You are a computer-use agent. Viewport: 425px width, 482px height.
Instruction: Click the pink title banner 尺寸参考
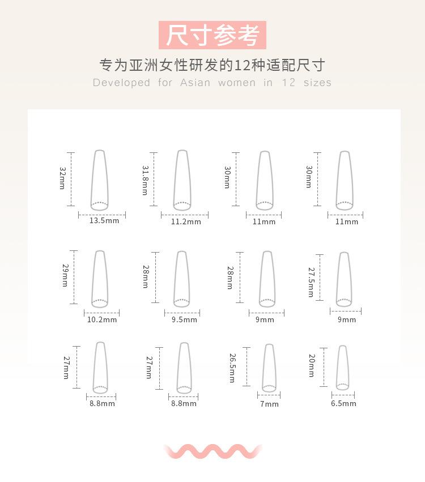click(x=212, y=35)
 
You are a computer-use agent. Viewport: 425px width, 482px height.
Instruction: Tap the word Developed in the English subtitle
click(x=121, y=83)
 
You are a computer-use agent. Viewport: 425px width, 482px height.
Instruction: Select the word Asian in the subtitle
click(x=195, y=83)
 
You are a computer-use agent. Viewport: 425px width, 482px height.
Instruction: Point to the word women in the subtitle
click(x=236, y=83)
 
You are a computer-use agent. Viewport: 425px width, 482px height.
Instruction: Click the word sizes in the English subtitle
click(x=317, y=83)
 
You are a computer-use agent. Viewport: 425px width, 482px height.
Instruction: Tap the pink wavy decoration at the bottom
click(x=212, y=451)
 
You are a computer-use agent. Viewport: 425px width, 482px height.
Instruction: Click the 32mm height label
click(x=62, y=178)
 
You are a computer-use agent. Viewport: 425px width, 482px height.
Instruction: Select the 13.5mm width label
click(x=104, y=221)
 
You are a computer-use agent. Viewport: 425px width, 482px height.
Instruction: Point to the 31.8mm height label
click(x=145, y=180)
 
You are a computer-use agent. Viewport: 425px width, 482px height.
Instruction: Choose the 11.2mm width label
click(x=186, y=222)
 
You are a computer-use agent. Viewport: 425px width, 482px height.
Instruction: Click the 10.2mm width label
click(x=102, y=319)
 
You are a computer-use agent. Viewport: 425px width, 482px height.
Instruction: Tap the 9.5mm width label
click(x=184, y=319)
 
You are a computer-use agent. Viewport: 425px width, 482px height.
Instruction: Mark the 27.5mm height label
click(x=311, y=282)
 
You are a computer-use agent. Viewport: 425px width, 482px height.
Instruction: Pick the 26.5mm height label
click(x=232, y=368)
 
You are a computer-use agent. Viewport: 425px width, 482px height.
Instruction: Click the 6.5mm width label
click(x=343, y=404)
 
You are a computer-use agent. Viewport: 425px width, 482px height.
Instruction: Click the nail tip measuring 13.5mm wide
click(x=100, y=180)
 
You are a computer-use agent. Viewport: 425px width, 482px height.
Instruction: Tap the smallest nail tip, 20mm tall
click(x=342, y=368)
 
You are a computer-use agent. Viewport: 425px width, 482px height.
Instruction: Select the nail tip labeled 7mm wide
click(x=269, y=368)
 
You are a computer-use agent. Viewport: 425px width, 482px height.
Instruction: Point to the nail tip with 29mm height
click(x=100, y=279)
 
